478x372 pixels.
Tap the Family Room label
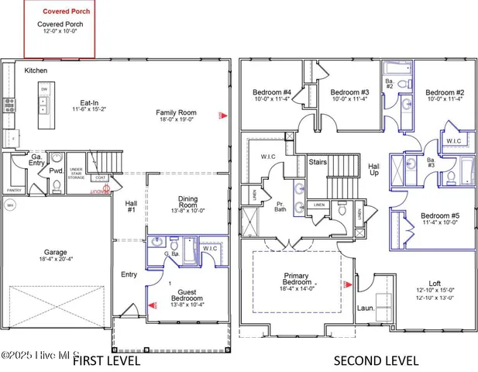click(x=176, y=112)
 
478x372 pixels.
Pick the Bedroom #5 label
click(x=439, y=215)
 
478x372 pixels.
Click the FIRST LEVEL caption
click(x=106, y=360)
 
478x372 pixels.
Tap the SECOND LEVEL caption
click(x=377, y=360)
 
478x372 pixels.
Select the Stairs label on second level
click(x=318, y=163)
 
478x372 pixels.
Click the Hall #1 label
click(x=130, y=205)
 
